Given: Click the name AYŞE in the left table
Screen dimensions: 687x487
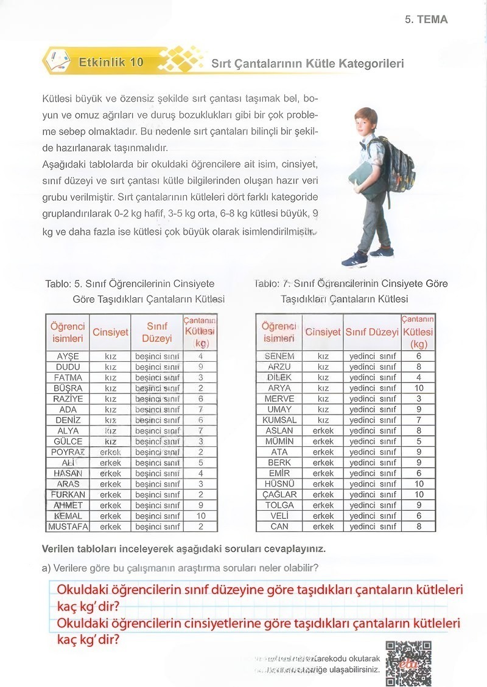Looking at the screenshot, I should pyautogui.click(x=68, y=356).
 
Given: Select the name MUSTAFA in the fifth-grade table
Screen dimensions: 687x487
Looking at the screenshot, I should pyautogui.click(x=68, y=526).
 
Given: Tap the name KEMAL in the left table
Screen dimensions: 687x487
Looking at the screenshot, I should pyautogui.click(x=68, y=516).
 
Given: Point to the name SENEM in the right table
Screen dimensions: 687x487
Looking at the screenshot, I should pyautogui.click(x=279, y=356).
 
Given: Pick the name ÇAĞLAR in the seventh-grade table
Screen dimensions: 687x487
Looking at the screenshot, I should pyautogui.click(x=279, y=494).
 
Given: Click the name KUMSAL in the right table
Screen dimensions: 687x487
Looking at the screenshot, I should pyautogui.click(x=279, y=420).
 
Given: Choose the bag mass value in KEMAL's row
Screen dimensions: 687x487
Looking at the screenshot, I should pyautogui.click(x=200, y=516).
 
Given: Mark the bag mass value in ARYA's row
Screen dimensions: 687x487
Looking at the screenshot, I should pyautogui.click(x=419, y=388).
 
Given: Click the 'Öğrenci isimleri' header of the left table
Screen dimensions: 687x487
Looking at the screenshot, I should pyautogui.click(x=68, y=333).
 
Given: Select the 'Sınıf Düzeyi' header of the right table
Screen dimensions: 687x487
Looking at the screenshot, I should pyautogui.click(x=372, y=333).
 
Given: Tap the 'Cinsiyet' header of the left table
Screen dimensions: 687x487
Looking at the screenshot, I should pyautogui.click(x=110, y=333).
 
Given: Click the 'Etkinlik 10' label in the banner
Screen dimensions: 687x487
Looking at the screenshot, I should pyautogui.click(x=111, y=62).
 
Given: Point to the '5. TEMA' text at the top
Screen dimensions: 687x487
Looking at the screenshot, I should pyautogui.click(x=426, y=19).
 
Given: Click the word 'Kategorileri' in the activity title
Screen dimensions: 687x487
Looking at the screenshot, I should pyautogui.click(x=371, y=63).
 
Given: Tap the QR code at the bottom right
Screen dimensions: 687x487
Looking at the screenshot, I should pyautogui.click(x=408, y=662).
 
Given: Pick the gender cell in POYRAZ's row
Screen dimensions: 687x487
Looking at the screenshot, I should pyautogui.click(x=110, y=452).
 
